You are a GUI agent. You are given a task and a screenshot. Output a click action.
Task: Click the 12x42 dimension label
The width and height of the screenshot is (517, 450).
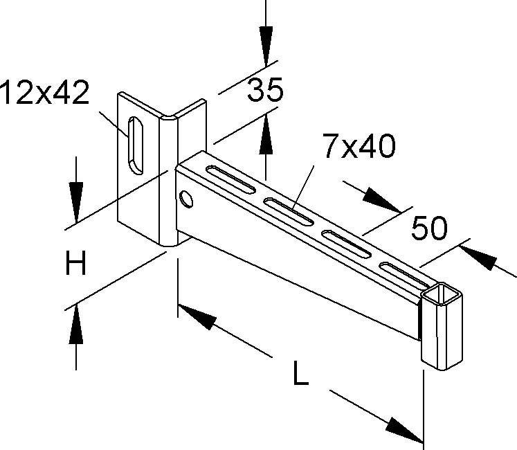point(45,93)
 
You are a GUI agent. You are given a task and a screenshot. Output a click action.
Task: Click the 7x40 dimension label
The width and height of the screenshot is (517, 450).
point(358,147)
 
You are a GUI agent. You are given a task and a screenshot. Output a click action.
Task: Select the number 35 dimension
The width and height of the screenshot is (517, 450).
point(266,90)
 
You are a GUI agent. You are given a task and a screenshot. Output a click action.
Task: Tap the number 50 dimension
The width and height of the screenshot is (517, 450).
point(428,228)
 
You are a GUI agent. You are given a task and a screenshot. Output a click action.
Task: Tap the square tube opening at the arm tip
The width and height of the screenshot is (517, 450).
point(442,298)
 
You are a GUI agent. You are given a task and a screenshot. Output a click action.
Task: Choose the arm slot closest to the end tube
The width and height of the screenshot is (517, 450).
point(404,275)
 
